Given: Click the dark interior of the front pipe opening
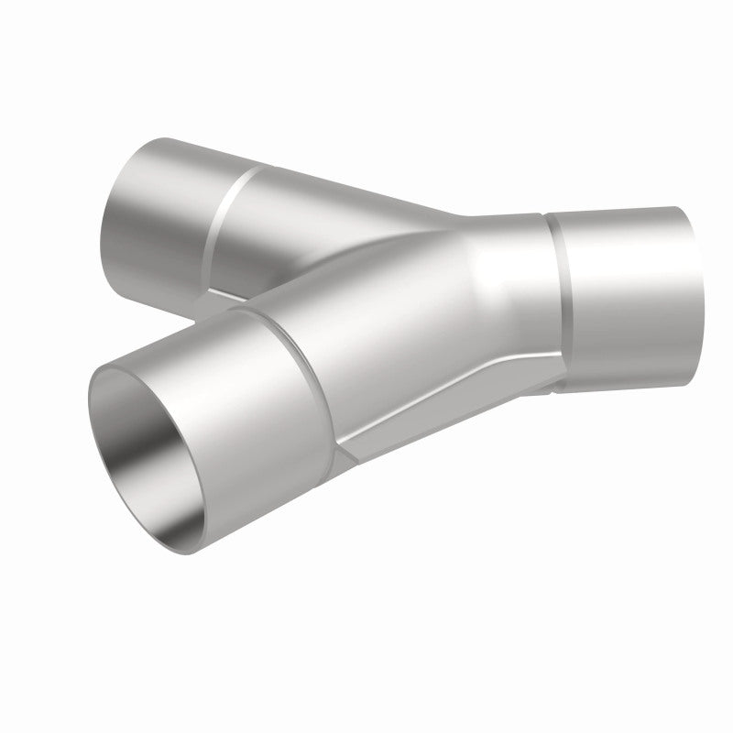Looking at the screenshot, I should tap(151, 431).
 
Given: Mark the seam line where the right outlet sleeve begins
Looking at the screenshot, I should tap(557, 293).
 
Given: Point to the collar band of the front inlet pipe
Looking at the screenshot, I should tap(266, 403).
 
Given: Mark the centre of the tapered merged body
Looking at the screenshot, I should tap(431, 312).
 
